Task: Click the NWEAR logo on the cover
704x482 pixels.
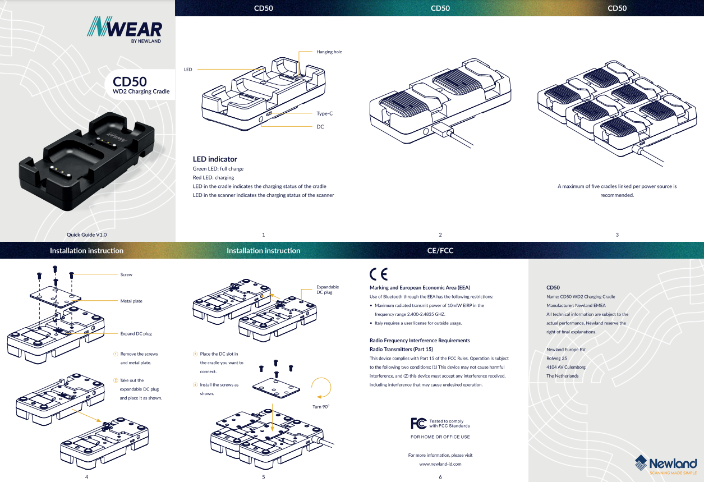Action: tap(125, 30)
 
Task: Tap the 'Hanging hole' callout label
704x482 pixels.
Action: tap(329, 52)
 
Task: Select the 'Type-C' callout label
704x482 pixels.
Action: tap(324, 113)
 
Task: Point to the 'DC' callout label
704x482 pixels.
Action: tap(320, 127)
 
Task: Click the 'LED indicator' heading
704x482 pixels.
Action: tap(215, 159)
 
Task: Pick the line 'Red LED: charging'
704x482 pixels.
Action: tap(213, 177)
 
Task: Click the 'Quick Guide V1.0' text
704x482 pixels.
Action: tap(86, 235)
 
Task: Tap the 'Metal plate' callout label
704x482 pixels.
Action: tap(131, 301)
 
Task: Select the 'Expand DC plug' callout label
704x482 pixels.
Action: tap(136, 334)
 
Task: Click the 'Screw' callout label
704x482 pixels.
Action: tap(126, 274)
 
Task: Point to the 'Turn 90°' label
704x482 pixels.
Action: tap(321, 407)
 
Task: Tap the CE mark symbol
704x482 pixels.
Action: tap(379, 274)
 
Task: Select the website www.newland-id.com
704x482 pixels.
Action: tap(440, 464)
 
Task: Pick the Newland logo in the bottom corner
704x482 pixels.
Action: tap(666, 465)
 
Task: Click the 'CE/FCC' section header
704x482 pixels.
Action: tap(440, 251)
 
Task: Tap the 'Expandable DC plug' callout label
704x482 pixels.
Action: tap(328, 290)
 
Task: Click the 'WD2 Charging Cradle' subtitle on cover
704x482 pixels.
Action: tap(141, 91)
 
